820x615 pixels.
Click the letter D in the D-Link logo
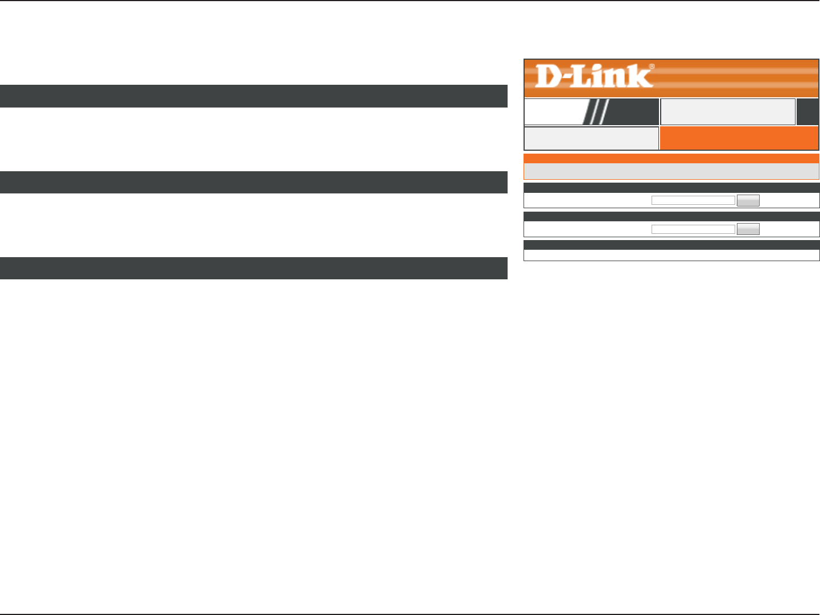pos(549,76)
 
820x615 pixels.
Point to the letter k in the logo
pos(642,76)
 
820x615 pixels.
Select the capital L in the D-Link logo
pos(586,76)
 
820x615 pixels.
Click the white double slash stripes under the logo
pos(597,112)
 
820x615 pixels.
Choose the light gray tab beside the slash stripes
pos(727,112)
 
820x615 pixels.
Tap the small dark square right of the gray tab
pos(807,112)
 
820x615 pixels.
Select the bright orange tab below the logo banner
pos(739,138)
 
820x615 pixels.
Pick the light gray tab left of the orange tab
pos(591,138)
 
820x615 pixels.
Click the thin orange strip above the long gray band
pos(671,159)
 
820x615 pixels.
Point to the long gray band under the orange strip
pos(671,171)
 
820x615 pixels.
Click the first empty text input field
pos(693,200)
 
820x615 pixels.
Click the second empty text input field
pos(693,229)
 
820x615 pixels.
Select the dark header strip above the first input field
pos(671,188)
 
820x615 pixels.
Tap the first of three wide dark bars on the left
pos(253,96)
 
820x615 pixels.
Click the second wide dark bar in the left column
pos(253,182)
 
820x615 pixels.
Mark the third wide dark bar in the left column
pos(253,268)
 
